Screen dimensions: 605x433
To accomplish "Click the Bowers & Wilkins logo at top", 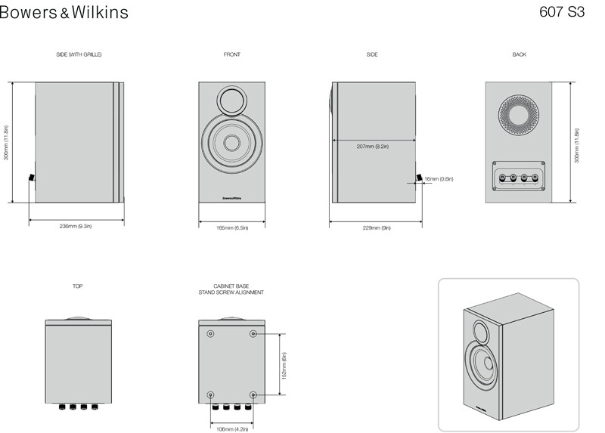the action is (64, 12).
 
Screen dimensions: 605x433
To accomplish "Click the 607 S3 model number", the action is (562, 12).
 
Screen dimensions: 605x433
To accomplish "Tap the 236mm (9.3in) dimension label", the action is (76, 227).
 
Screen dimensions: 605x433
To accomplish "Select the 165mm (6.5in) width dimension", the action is (232, 228).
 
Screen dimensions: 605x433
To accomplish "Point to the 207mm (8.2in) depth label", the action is (373, 147).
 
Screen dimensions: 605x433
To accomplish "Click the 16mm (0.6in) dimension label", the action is (439, 179).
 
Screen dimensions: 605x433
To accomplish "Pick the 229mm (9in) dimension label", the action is (377, 228).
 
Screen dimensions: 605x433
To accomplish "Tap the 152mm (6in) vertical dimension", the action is (284, 366).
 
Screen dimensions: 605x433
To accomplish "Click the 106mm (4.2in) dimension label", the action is (232, 429).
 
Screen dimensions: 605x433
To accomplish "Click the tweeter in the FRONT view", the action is (231, 100).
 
